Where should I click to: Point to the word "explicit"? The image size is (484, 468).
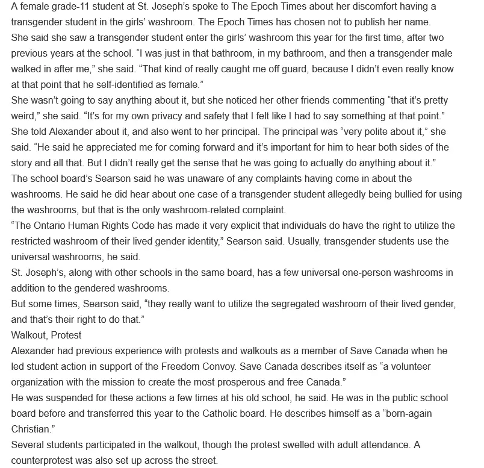pos(240,225)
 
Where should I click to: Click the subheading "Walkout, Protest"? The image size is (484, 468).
pos(46,335)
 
